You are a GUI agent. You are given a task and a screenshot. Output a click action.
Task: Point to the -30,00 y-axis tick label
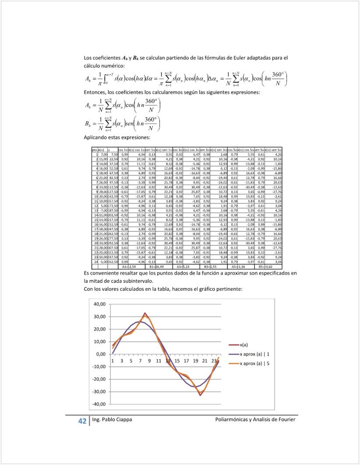(99, 391)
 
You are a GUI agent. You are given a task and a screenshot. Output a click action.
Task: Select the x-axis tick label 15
(177, 361)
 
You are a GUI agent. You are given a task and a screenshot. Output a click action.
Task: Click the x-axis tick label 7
(140, 361)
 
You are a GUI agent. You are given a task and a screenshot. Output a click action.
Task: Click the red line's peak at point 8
(145, 313)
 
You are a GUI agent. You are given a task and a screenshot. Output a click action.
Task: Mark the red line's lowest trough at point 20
(201, 395)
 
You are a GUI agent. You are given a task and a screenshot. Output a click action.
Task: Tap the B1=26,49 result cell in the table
(157, 266)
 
